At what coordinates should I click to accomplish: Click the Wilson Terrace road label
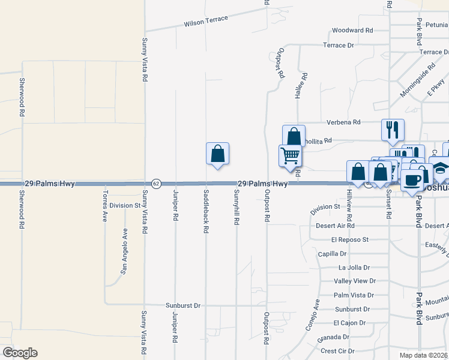(206, 21)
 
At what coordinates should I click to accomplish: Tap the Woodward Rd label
(352, 30)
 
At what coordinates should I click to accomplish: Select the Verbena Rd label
(343, 122)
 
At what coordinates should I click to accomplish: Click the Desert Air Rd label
(335, 226)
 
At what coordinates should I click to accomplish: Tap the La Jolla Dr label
(354, 268)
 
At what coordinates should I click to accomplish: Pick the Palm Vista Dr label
(354, 295)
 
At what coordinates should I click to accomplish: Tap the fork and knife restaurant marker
(393, 130)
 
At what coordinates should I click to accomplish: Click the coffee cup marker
(412, 181)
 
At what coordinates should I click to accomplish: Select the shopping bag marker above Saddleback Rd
(217, 154)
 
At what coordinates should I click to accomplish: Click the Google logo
(20, 353)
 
